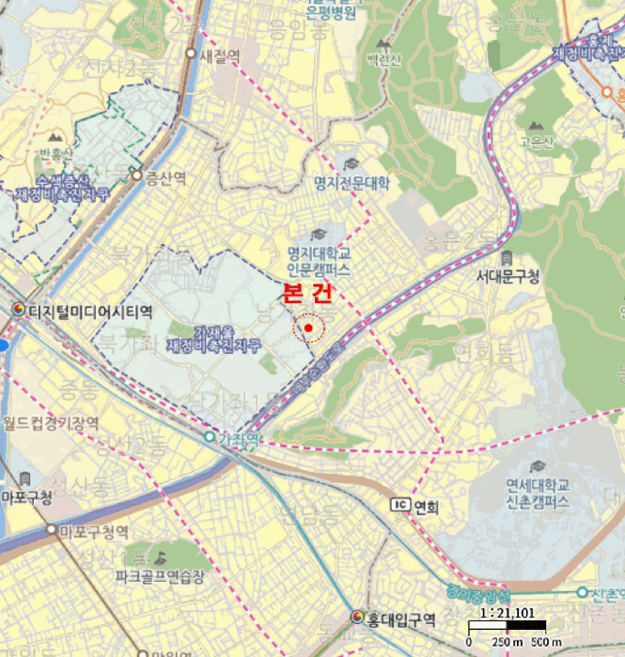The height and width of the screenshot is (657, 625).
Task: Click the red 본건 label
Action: coord(307,294)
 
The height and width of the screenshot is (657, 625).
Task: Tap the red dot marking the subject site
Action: coord(308,328)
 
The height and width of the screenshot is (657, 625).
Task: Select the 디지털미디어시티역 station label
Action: coord(90,310)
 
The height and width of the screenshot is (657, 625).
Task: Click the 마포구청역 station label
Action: coord(93,532)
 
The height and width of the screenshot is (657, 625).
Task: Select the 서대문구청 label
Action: coord(508,276)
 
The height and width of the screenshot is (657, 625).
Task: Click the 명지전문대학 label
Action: coord(352,182)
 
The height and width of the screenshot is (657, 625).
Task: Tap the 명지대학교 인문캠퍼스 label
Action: coord(320,261)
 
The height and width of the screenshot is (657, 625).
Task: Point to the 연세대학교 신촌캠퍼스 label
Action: coord(538,494)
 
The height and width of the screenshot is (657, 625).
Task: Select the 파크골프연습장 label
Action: coord(161,573)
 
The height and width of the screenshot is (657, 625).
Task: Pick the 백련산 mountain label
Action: coord(384,59)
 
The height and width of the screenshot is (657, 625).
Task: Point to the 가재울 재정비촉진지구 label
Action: coord(214,339)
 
